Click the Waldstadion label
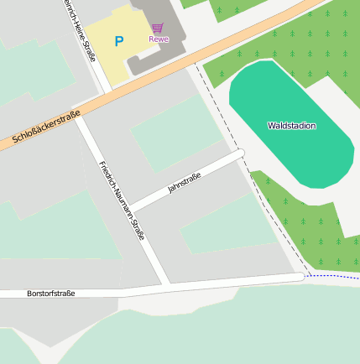pos(291,126)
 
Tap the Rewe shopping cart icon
pos(158,28)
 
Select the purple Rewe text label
pos(158,39)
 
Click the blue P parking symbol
pos(118,41)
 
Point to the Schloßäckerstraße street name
pos(46,127)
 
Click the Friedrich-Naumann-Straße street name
pos(122,200)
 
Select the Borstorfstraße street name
pos(50,294)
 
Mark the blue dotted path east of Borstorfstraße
pos(334,276)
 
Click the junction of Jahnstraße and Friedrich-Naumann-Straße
pos(131,208)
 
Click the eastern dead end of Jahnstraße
pos(240,153)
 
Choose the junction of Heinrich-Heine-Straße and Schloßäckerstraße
pos(107,91)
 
